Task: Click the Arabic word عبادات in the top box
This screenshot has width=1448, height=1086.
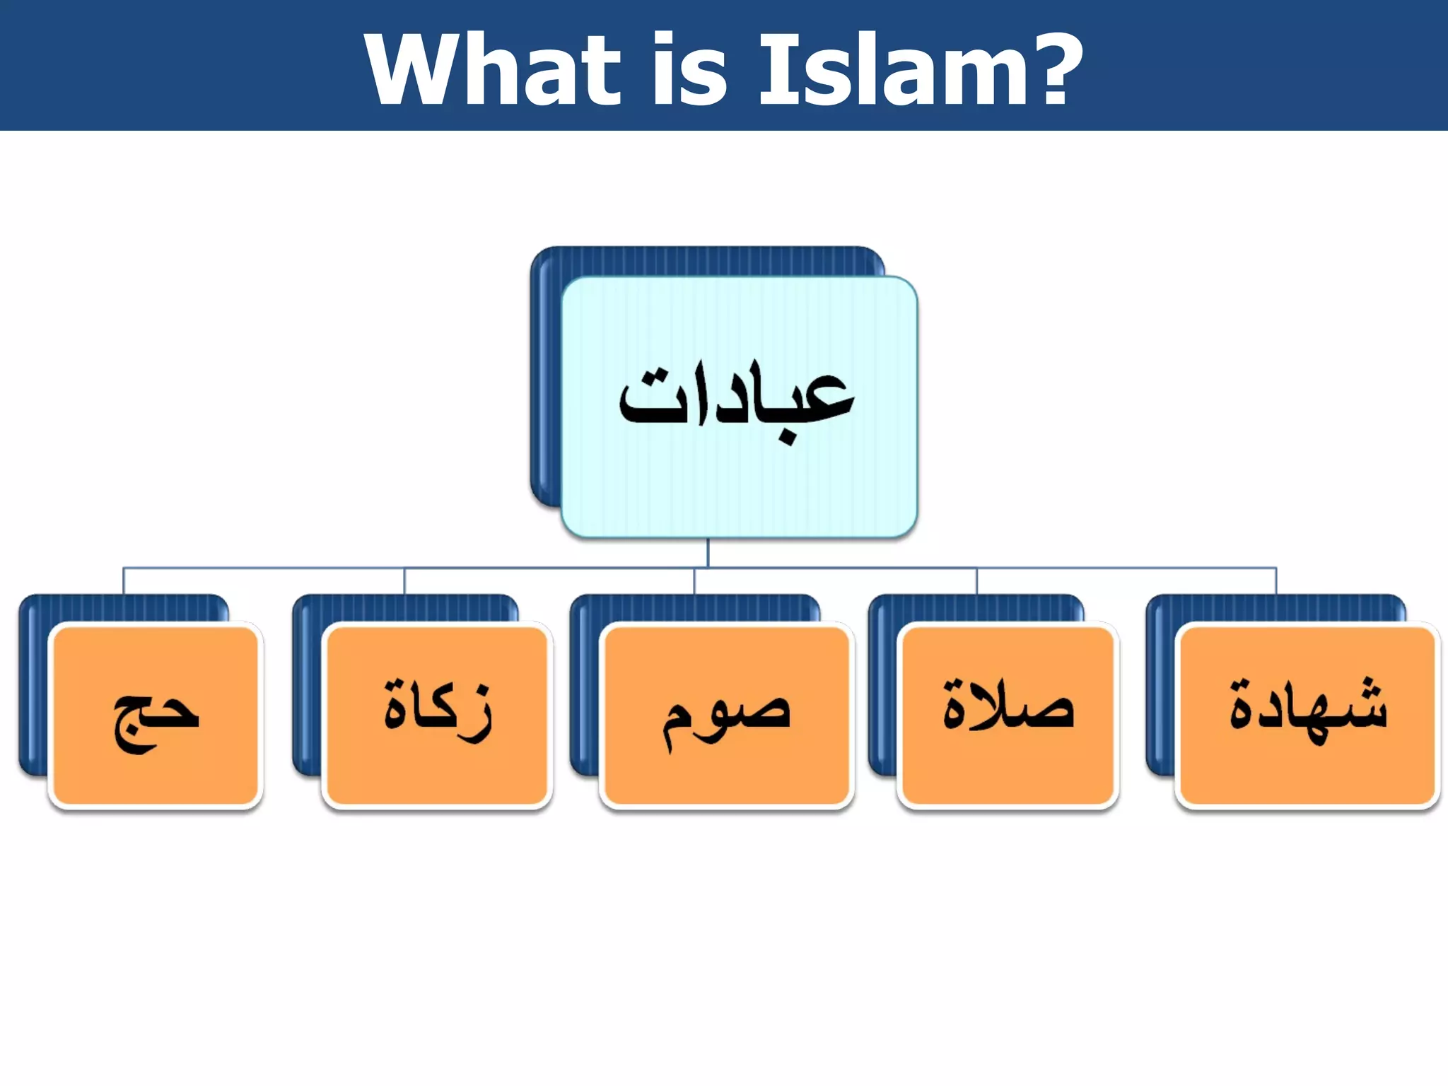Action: coord(737,399)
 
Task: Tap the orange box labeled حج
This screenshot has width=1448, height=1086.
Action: coord(156,716)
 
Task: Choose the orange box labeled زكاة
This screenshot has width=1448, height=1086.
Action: coord(437,716)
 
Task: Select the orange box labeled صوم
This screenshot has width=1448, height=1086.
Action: coord(727,716)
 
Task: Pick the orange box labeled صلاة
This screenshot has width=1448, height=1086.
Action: coord(1008,716)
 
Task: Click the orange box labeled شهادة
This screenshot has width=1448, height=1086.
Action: coord(1308,716)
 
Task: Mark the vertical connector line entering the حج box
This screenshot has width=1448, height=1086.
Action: coord(124,580)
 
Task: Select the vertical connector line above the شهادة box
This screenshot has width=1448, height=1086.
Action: coord(1276,580)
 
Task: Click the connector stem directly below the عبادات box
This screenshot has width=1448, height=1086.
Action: coord(708,553)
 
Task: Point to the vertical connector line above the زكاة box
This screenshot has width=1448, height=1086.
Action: coord(404,580)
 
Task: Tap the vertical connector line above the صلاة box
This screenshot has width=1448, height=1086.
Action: coord(977,580)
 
